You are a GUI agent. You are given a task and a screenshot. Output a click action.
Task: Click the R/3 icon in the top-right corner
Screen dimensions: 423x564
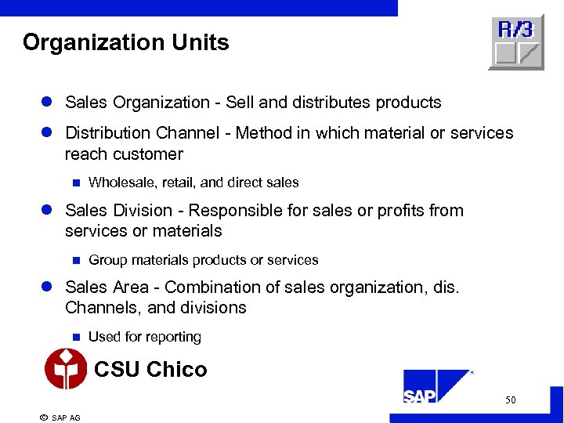(x=516, y=42)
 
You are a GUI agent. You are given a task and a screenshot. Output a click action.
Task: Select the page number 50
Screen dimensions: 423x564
(x=510, y=400)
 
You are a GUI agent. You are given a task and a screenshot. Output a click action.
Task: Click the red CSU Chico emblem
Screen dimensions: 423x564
(x=67, y=368)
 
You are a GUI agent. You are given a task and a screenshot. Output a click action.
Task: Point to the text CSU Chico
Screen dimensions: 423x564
(x=150, y=369)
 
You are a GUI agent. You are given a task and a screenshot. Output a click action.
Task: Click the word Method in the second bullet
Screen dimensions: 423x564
(x=264, y=133)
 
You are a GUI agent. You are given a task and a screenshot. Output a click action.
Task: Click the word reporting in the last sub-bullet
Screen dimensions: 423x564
(x=170, y=337)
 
